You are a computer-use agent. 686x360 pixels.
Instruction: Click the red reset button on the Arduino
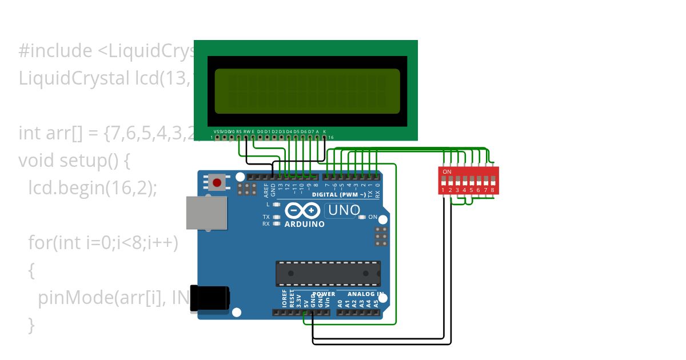click(x=217, y=183)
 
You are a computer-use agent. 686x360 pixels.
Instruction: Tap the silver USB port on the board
click(x=206, y=213)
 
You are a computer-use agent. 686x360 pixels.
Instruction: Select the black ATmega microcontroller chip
click(x=328, y=273)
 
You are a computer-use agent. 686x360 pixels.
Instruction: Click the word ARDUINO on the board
click(x=305, y=224)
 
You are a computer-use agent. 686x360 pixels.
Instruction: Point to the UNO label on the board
click(x=344, y=210)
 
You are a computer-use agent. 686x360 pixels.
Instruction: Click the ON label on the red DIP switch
click(x=447, y=171)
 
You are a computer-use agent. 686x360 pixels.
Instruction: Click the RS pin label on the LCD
click(x=239, y=131)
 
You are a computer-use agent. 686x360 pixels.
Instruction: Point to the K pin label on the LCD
click(x=325, y=131)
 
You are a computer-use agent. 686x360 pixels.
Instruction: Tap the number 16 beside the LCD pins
click(x=330, y=138)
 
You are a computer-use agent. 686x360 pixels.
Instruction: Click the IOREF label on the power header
click(x=285, y=298)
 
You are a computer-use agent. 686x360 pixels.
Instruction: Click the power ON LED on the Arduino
click(x=364, y=217)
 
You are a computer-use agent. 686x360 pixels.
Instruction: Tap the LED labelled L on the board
click(x=276, y=204)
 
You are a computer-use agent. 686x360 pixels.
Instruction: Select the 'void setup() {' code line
click(x=74, y=161)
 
